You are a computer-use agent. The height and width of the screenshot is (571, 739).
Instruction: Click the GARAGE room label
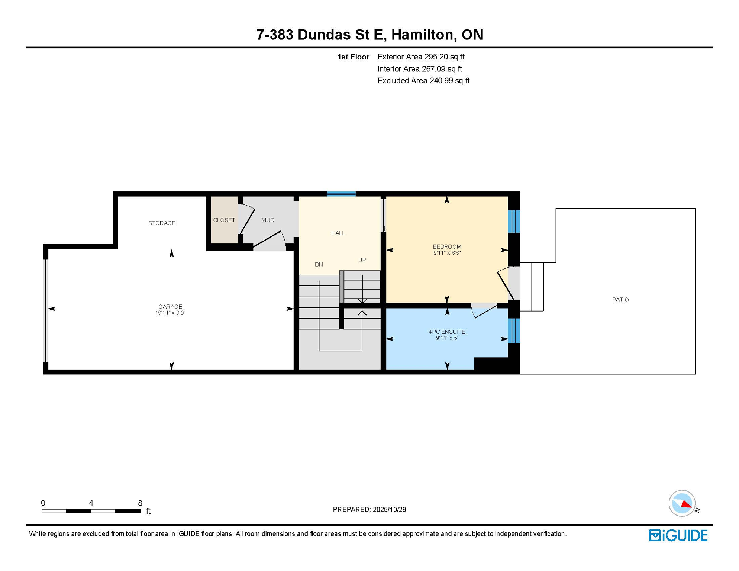click(x=170, y=307)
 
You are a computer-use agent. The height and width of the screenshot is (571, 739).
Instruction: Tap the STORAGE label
click(x=162, y=223)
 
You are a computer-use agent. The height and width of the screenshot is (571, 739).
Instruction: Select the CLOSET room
click(x=224, y=220)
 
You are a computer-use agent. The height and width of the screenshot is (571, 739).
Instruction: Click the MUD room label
click(x=268, y=220)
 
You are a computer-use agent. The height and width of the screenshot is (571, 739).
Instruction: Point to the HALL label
click(x=338, y=233)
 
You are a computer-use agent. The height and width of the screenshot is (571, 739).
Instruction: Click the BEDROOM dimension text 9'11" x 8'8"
click(x=447, y=253)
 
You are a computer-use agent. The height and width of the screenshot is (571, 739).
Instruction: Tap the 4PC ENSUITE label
click(x=447, y=332)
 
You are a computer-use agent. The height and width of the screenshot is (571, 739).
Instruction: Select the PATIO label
click(x=620, y=300)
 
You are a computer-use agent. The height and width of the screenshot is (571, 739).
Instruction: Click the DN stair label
click(x=319, y=264)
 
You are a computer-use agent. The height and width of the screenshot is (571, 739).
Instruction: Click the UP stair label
click(x=362, y=260)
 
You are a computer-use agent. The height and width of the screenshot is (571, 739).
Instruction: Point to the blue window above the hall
click(x=341, y=194)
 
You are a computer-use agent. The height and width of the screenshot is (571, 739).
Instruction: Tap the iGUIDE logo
click(x=678, y=535)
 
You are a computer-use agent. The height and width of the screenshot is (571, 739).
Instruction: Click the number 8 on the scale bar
click(x=140, y=503)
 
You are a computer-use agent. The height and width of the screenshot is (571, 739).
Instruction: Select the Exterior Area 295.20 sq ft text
click(x=421, y=57)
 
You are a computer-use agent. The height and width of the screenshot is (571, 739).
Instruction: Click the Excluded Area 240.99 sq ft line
click(x=423, y=81)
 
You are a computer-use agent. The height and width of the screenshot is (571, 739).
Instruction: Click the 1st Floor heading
click(x=353, y=57)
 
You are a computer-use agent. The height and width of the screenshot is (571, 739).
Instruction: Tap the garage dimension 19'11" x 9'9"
click(x=170, y=313)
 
